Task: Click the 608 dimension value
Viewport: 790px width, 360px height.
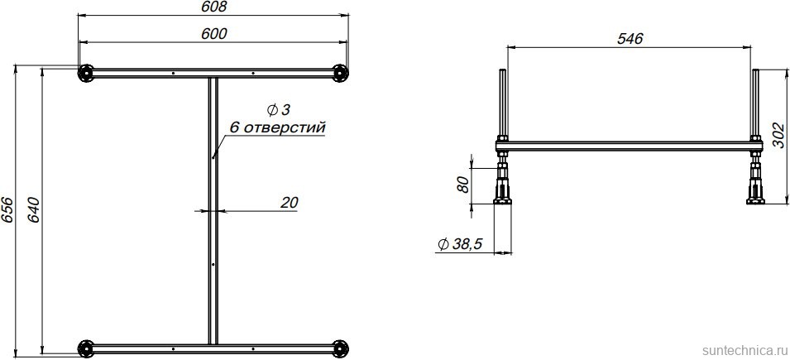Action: pos(213,7)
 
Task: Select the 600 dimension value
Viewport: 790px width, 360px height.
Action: pos(213,33)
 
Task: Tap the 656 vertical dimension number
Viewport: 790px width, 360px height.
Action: pos(7,210)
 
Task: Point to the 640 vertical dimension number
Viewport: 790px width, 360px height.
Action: pos(34,210)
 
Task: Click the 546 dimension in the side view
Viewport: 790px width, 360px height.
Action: pos(630,39)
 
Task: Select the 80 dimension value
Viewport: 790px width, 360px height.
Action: pos(463,183)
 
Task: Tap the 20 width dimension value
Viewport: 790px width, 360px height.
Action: pos(290,202)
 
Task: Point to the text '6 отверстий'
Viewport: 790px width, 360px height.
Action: pos(277,127)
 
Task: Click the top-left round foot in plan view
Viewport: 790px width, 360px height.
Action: pos(85,74)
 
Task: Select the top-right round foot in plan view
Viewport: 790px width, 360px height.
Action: pos(338,74)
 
